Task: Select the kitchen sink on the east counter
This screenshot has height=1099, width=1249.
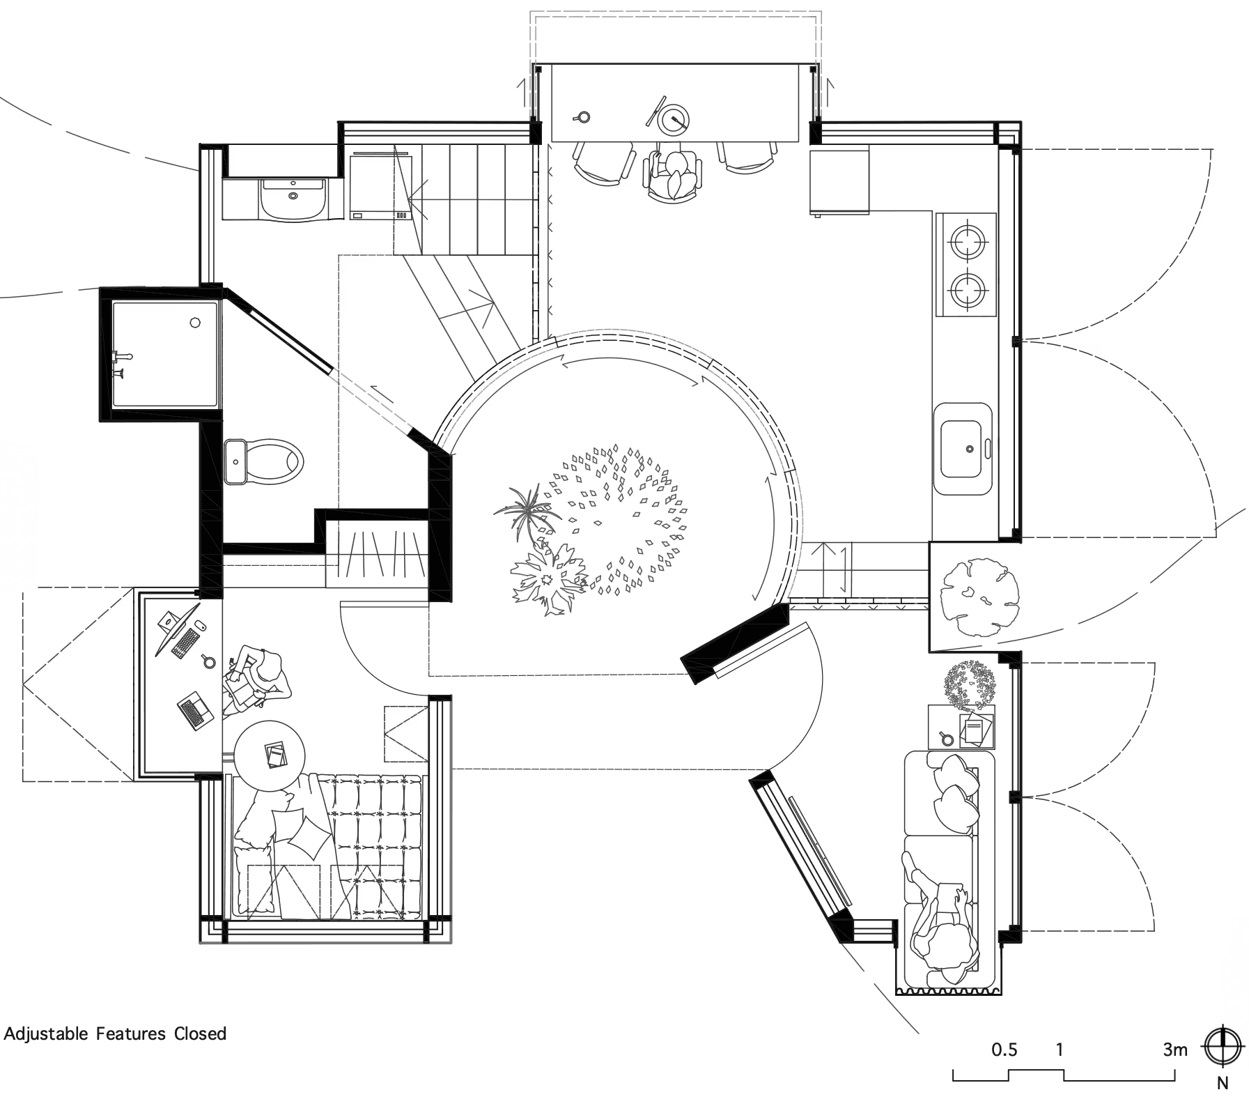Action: pyautogui.click(x=964, y=449)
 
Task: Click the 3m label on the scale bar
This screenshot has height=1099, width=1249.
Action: pyautogui.click(x=1174, y=1050)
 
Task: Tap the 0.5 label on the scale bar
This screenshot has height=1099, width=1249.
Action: pyautogui.click(x=1004, y=1050)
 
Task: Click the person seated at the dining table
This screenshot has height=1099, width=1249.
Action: pyautogui.click(x=674, y=174)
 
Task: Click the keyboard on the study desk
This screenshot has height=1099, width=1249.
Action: pyautogui.click(x=184, y=640)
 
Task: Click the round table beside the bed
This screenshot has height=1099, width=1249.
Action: pyautogui.click(x=269, y=755)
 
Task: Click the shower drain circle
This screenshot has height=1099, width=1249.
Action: pyautogui.click(x=195, y=323)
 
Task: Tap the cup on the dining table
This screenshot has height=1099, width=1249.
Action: pyautogui.click(x=582, y=117)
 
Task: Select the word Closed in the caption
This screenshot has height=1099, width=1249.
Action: pyautogui.click(x=200, y=1033)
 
